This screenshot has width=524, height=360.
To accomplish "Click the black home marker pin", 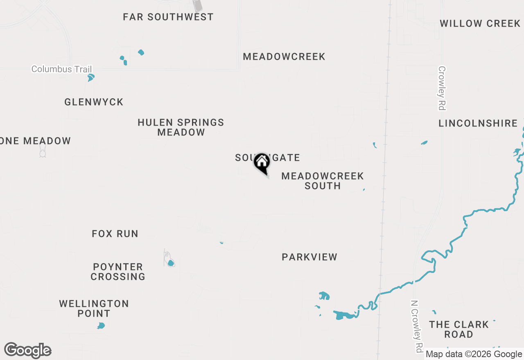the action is coord(262,163).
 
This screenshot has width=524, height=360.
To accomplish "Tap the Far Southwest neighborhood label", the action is coord(168,17).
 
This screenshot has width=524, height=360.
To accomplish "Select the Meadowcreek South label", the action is coord(323,181).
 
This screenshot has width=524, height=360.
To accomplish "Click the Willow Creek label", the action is coord(480,24).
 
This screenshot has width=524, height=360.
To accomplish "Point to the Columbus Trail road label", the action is coord(62,69).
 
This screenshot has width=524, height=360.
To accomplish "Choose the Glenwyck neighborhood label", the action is coord(94,102).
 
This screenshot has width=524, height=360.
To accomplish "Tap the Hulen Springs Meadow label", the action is coord(181,127).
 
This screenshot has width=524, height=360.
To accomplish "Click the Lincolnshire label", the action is coord(478,124).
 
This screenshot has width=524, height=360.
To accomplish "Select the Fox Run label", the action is coord(115,234).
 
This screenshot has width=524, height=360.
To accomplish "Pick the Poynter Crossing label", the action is coord(118,272).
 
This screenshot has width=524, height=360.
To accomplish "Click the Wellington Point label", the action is coord(94,308).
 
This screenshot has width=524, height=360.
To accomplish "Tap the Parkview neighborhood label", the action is coord(309,257).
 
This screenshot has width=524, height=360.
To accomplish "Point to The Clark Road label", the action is coord(458,329).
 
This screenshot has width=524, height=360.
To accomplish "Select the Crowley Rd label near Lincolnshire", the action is coord(442,88).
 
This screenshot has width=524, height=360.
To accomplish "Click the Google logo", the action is coord(28,351).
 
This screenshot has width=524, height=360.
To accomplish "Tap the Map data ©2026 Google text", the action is coord(474,354).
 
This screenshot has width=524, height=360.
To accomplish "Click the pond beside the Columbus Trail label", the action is coord(91,77).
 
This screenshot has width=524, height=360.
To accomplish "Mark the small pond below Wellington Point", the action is coord(101,326).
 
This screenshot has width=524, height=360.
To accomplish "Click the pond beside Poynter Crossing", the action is coord(170,263).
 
